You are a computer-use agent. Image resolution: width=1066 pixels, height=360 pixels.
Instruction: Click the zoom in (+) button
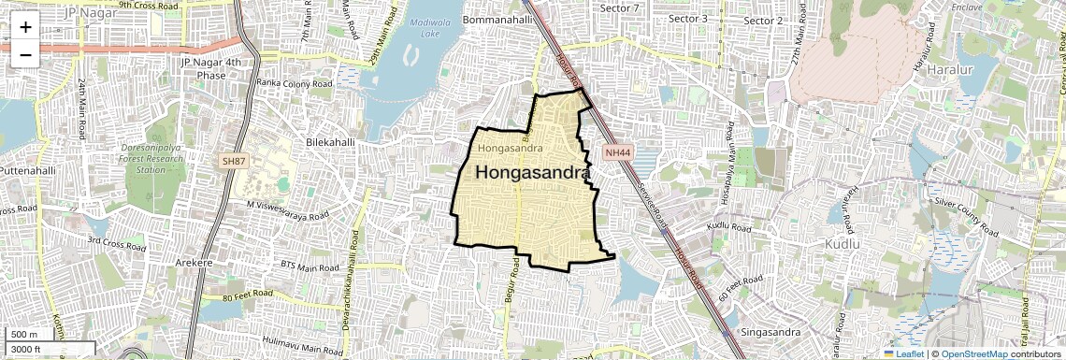tap(25, 26)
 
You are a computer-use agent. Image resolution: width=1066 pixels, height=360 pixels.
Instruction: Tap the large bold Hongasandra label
tap(533, 173)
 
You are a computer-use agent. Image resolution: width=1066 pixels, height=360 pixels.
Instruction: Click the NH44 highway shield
tap(615, 151)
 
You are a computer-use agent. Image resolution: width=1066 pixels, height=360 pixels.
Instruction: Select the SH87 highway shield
tap(233, 162)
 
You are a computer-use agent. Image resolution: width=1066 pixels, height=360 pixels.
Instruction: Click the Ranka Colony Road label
tap(295, 83)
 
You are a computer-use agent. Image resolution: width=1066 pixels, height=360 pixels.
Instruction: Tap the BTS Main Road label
tap(313, 266)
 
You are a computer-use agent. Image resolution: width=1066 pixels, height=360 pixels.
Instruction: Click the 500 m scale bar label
tap(24, 335)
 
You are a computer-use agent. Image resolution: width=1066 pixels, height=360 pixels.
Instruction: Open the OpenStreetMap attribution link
tap(973, 353)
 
